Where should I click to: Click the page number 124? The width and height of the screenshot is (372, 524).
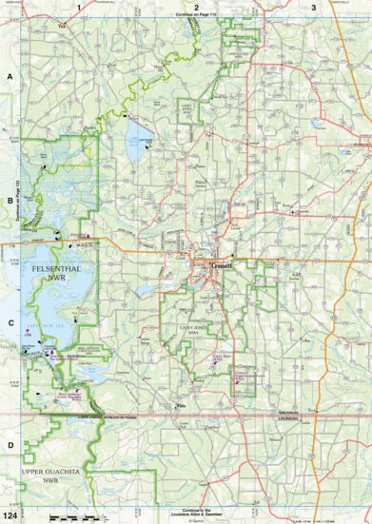coord(10,515)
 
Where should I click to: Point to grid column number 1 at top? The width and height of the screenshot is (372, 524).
coord(77,8)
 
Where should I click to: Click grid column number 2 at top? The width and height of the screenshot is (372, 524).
coord(196,8)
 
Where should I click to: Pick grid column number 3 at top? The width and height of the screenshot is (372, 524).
coord(314,8)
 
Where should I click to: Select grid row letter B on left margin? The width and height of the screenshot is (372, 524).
coord(10,200)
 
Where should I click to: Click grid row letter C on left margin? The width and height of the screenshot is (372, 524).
coord(10,322)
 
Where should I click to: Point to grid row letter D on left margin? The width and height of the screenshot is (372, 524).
coord(10,444)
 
